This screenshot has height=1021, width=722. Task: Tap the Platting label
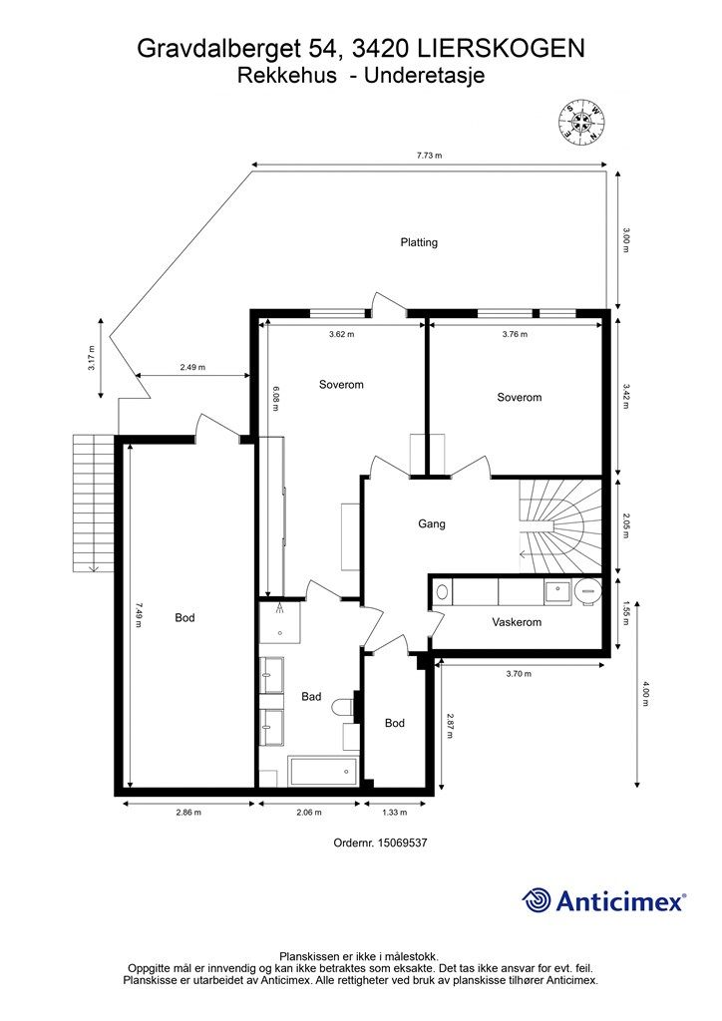click(419, 242)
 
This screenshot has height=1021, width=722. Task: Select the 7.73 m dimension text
click(429, 156)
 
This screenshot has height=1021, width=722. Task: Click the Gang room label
click(431, 523)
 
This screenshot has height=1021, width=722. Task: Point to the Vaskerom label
click(517, 622)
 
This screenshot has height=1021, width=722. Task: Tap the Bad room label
click(311, 697)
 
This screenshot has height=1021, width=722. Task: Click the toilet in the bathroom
click(342, 707)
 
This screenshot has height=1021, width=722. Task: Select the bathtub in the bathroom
click(322, 771)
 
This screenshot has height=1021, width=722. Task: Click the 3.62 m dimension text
click(341, 335)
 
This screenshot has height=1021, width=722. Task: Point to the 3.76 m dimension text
click(515, 335)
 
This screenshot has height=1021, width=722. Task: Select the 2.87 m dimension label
click(451, 725)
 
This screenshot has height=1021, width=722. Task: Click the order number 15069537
click(380, 843)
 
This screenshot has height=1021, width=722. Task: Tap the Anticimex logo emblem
click(538, 900)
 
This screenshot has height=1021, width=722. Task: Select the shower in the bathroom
click(278, 625)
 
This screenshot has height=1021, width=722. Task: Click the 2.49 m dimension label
click(192, 367)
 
